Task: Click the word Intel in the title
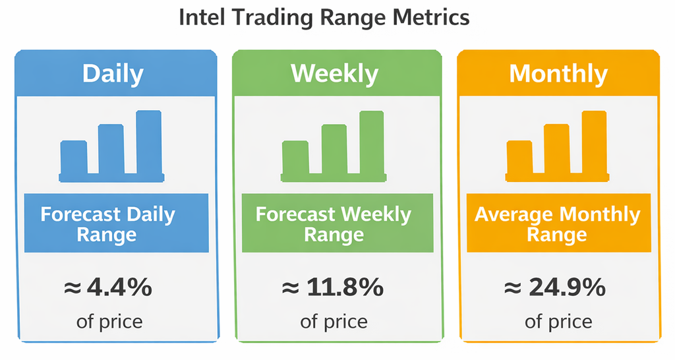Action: click(201, 18)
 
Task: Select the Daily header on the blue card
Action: click(113, 74)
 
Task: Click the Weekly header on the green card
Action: click(334, 74)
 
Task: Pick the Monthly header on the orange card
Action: click(558, 74)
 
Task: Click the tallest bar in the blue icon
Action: click(149, 142)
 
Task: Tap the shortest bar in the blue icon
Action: click(74, 157)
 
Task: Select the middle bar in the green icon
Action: click(334, 149)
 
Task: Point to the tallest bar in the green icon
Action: click(372, 142)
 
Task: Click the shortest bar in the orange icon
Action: click(519, 157)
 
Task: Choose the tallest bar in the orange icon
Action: click(594, 142)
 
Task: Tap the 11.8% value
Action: click(345, 287)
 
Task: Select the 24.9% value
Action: click(568, 287)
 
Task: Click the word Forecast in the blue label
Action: click(80, 214)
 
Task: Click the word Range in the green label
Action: click(334, 235)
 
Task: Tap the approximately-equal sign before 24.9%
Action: click(513, 288)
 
